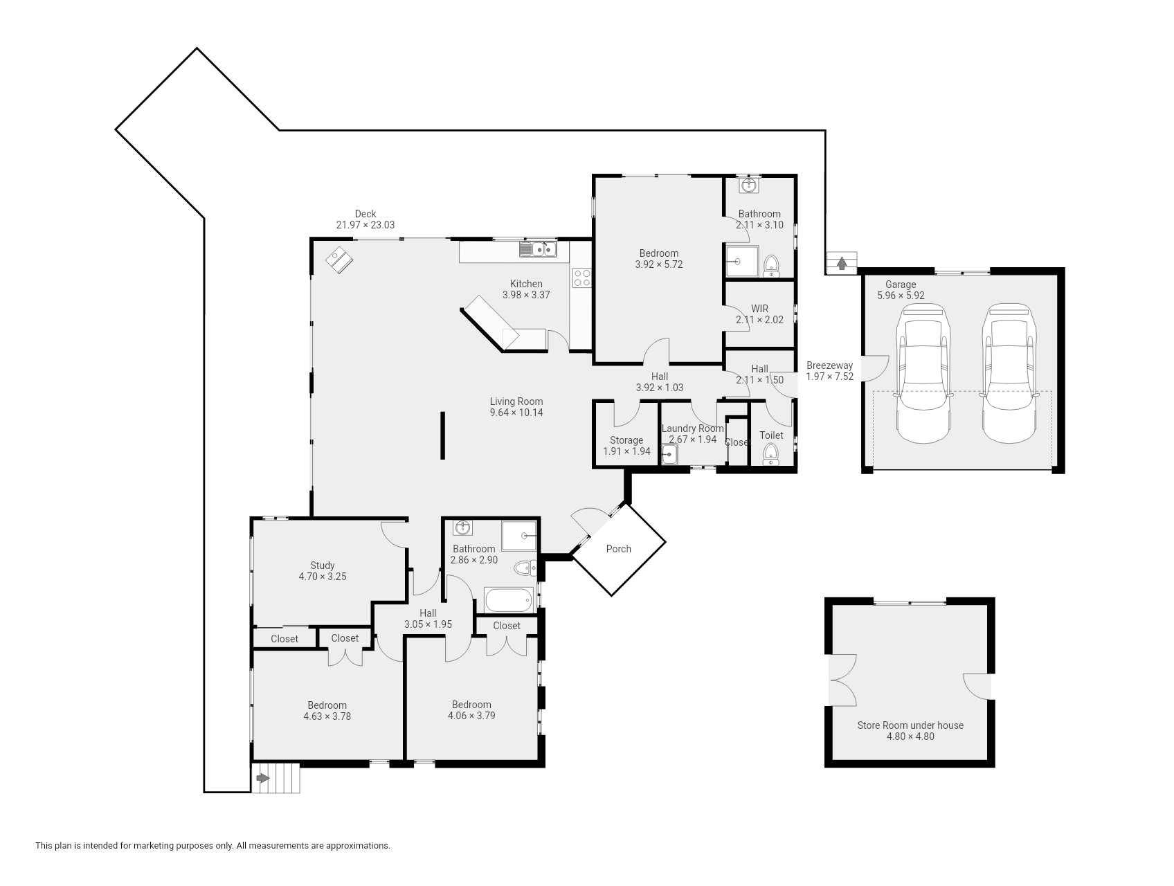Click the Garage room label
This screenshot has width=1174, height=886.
coord(900,284)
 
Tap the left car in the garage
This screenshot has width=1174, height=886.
coord(923,373)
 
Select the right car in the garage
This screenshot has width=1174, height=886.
coord(1010,373)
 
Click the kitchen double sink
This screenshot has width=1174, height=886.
coord(538,248)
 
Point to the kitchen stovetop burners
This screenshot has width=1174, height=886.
coord(581,278)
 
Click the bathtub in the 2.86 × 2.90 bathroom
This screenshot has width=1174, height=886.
coord(509,600)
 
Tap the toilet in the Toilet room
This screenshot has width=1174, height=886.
coord(770,454)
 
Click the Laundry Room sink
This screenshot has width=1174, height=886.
coord(669,455)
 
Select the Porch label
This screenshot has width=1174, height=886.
coord(618,549)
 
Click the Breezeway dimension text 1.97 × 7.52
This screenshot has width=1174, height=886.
coord(829,377)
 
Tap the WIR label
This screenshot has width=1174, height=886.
coord(759,309)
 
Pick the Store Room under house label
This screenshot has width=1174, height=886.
coord(910,725)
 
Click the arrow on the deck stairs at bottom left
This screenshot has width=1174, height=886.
coord(262,778)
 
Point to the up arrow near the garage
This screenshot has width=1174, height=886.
coord(842,263)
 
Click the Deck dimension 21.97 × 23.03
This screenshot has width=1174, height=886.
coord(365,225)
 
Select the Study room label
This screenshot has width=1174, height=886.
coord(323,566)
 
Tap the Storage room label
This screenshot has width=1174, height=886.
coord(626,440)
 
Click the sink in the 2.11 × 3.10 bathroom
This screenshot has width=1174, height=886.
coord(748,186)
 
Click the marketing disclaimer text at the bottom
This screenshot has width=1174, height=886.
coord(213,845)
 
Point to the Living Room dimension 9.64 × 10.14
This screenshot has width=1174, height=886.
coord(516,413)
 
